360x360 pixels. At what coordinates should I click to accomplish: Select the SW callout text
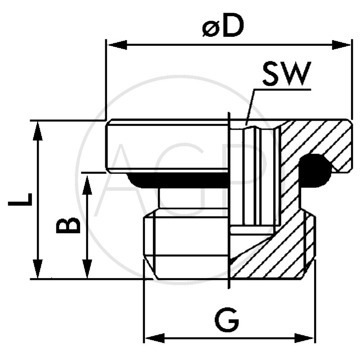(x=287, y=75)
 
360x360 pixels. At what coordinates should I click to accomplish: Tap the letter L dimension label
(x=20, y=199)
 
